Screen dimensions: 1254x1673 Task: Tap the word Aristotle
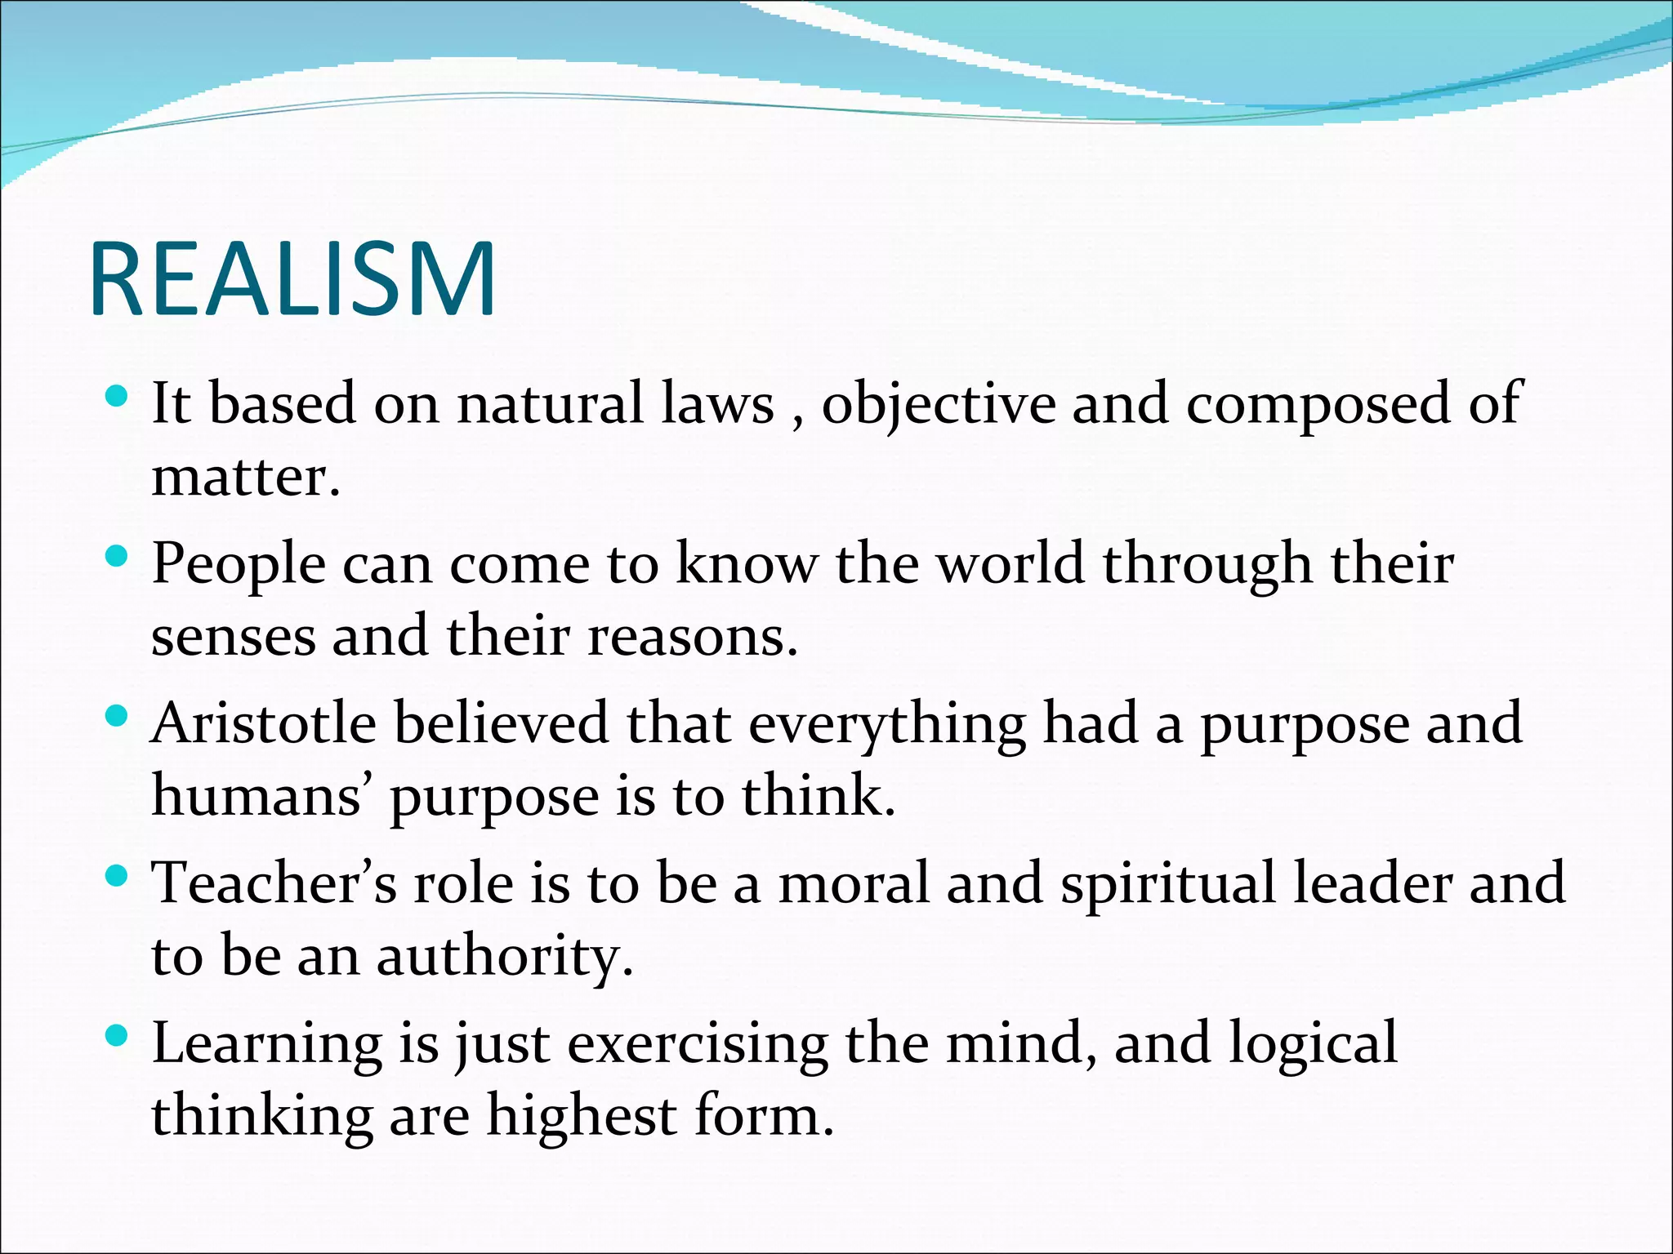[x=263, y=723]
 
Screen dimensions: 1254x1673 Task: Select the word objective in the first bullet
[x=938, y=403]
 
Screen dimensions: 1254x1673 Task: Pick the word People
[x=239, y=565]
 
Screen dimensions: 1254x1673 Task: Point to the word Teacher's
[x=274, y=883]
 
